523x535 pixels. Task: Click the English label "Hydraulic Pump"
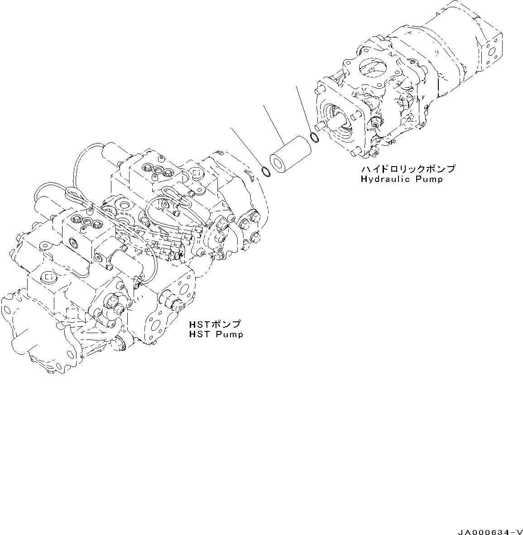coord(401,179)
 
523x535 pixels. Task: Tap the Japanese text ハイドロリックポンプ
coord(408,169)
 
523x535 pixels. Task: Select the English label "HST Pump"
coord(216,334)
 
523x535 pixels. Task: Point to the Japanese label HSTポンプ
coord(215,325)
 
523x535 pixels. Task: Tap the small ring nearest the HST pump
coord(267,172)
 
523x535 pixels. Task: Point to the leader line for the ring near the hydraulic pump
coord(304,109)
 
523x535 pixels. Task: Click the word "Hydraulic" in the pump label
coord(385,179)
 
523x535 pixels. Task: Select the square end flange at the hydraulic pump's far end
coord(492,50)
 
